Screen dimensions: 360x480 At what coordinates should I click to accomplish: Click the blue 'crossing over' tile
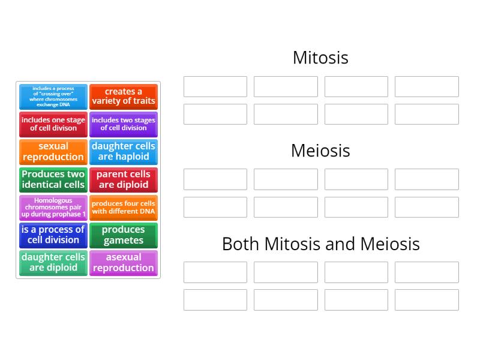[53, 97]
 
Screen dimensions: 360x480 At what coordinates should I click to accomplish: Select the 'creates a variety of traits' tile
[124, 97]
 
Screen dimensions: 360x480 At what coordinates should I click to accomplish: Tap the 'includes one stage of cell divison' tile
[53, 124]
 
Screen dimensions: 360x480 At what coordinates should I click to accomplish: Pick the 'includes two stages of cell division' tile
[124, 124]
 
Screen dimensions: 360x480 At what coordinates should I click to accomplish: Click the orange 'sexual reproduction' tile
[53, 152]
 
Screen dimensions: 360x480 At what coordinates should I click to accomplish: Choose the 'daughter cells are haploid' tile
[124, 152]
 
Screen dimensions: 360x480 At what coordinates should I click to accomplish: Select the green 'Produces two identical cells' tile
[53, 179]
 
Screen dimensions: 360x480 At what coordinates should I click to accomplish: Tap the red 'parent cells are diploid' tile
[124, 179]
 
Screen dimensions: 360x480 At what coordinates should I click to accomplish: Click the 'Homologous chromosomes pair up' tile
[53, 208]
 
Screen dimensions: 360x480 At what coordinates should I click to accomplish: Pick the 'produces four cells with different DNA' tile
[124, 208]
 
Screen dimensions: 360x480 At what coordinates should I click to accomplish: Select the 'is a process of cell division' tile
[53, 235]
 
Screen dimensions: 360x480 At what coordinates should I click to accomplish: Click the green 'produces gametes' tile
[124, 235]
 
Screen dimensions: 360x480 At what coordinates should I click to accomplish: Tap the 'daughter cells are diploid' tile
[53, 263]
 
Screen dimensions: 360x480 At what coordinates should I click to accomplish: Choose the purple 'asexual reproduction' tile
[124, 263]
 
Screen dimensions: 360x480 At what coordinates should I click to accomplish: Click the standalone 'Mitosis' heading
[320, 58]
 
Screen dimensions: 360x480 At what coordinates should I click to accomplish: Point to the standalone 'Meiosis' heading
[320, 151]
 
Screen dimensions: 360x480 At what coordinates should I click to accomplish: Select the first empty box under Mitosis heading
[215, 86]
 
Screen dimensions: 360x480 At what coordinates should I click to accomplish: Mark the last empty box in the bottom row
[427, 300]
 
